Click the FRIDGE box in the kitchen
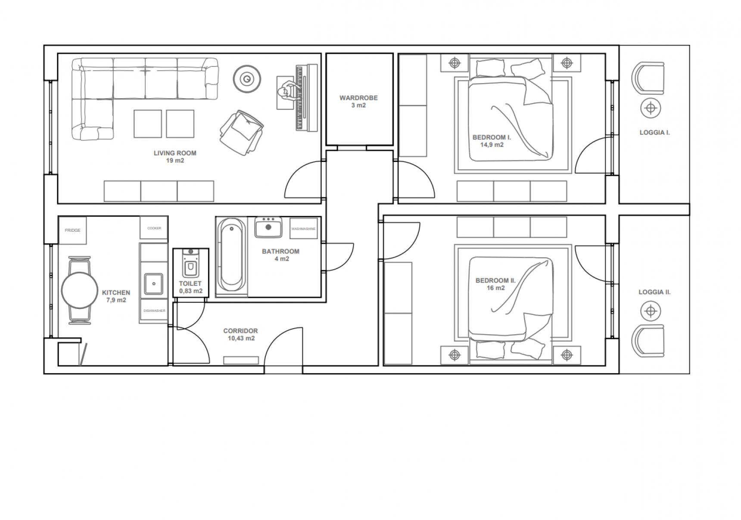coord(72,230)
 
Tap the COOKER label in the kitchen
coord(154,228)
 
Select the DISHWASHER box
coord(154,311)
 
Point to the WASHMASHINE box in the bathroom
coord(303,229)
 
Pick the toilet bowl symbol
coord(190,264)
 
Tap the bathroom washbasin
coord(268,227)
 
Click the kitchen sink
coord(153,284)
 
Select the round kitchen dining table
coord(79,290)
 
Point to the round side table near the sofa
coord(247,78)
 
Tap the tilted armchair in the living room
coord(241,132)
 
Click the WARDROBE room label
coord(358,98)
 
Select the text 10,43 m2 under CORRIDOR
coord(241,339)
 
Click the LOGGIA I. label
coord(654,133)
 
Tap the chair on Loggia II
coord(648,341)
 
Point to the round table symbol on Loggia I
coord(651,108)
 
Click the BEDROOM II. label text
coord(495,280)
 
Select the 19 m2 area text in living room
coord(175,161)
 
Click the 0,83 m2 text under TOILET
coord(191,291)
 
